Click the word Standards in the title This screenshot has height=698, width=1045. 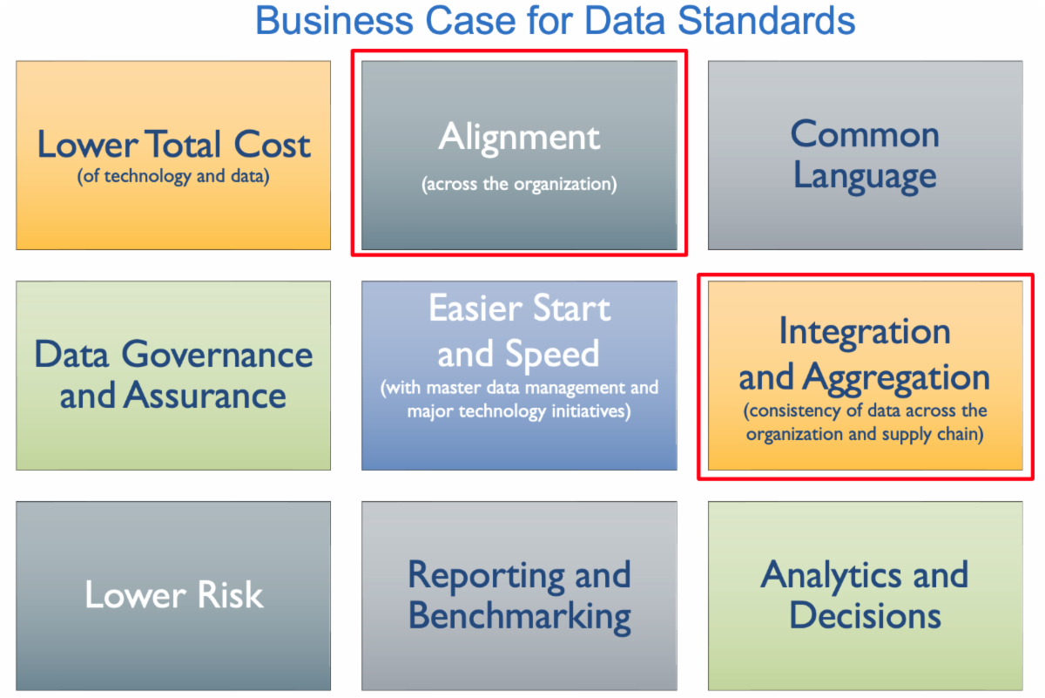click(x=766, y=21)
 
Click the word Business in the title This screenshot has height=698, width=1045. click(x=334, y=21)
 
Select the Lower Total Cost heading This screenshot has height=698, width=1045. click(x=173, y=145)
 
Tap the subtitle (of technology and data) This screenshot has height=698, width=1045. click(x=173, y=177)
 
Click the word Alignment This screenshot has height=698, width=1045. click(x=519, y=139)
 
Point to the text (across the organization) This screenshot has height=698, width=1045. click(x=519, y=184)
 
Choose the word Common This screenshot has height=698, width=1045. click(x=865, y=134)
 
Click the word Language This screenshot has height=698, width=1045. click(x=865, y=177)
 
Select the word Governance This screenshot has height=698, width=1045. click(x=218, y=355)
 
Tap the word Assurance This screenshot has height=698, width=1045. click(x=205, y=395)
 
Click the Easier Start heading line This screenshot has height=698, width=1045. click(x=519, y=308)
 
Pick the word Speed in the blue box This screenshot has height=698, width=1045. click(x=552, y=354)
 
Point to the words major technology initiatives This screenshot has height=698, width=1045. click(x=518, y=411)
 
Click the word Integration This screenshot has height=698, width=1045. click(x=865, y=332)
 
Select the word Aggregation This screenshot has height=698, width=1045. click(x=896, y=378)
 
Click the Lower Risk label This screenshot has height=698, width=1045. click(x=174, y=595)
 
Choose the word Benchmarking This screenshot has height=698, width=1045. click(x=519, y=616)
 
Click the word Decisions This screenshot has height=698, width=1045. click(x=865, y=615)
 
